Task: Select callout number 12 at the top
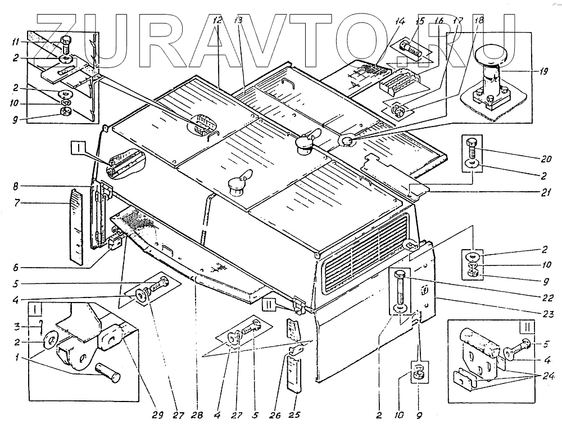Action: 218,21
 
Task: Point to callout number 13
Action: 238,21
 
